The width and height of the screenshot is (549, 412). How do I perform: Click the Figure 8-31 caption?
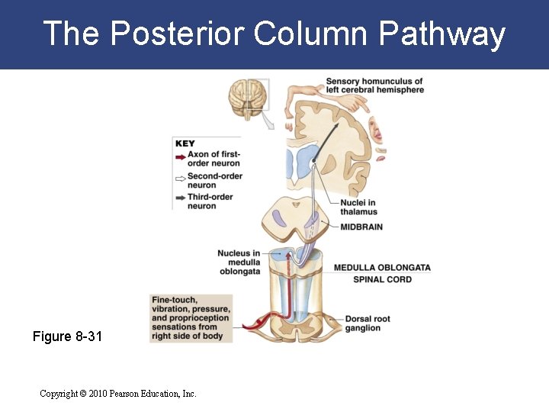pos(66,336)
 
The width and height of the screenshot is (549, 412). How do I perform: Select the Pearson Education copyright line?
pos(118,394)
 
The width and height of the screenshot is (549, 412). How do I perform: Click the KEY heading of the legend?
pos(185,143)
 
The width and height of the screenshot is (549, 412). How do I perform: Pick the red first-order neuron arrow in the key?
pos(180,158)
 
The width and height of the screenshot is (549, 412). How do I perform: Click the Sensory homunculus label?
pos(374,85)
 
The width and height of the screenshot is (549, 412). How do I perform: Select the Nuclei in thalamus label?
pos(358,207)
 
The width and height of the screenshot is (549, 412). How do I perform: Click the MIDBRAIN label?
pos(361,227)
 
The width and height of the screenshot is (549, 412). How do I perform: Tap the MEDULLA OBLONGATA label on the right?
pos(382,268)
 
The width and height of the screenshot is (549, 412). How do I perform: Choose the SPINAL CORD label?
pos(382,279)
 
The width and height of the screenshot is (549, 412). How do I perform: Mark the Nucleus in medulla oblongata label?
pos(239,262)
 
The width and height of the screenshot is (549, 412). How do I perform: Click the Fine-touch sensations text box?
pos(191,317)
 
